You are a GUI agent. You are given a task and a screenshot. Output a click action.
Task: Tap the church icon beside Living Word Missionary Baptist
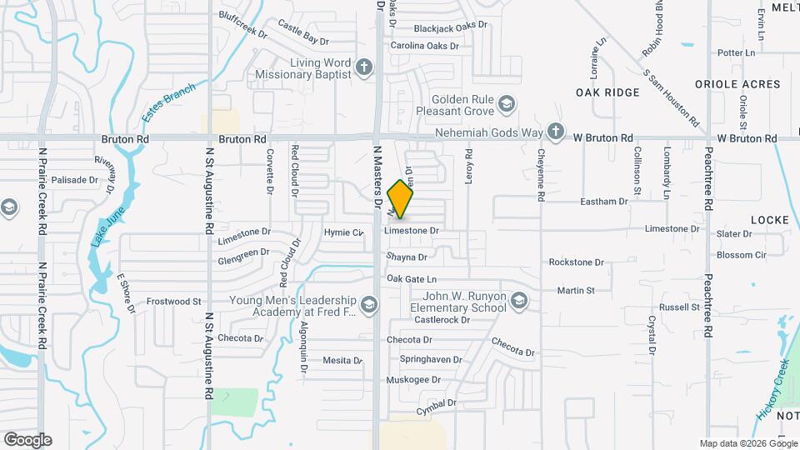coord(363,67)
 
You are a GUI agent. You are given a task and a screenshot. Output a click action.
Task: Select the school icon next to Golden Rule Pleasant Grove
coord(506,105)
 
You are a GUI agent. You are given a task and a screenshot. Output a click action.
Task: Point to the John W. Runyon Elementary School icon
coord(519,300)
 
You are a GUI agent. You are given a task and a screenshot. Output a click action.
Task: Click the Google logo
coord(27,439)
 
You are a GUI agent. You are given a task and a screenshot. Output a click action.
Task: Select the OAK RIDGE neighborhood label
coord(607,92)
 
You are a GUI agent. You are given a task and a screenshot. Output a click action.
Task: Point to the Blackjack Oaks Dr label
coord(450,26)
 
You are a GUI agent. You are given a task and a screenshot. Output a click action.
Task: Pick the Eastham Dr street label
coord(603,202)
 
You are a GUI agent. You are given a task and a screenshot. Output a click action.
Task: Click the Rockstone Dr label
coord(576,262)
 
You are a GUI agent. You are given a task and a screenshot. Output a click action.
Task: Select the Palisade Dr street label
coord(75,179)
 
